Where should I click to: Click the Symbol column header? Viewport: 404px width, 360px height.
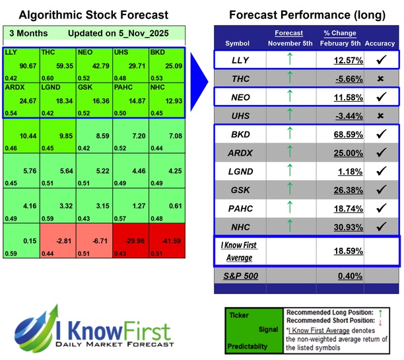pyautogui.click(x=238, y=44)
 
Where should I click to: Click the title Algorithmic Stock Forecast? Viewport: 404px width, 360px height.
pyautogui.click(x=93, y=15)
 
